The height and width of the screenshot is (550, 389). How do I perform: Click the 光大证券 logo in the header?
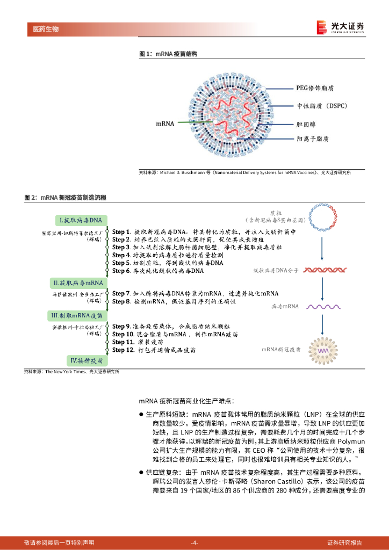(x=341, y=27)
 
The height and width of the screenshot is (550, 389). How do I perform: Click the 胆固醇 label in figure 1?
(x=307, y=124)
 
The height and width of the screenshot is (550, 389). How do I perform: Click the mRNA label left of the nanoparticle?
(x=165, y=124)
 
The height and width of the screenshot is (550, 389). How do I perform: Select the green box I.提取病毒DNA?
(x=82, y=220)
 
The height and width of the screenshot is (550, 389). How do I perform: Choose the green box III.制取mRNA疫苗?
(x=81, y=316)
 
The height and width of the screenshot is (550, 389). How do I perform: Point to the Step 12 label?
(x=123, y=350)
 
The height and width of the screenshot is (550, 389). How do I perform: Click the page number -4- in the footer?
(x=195, y=542)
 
